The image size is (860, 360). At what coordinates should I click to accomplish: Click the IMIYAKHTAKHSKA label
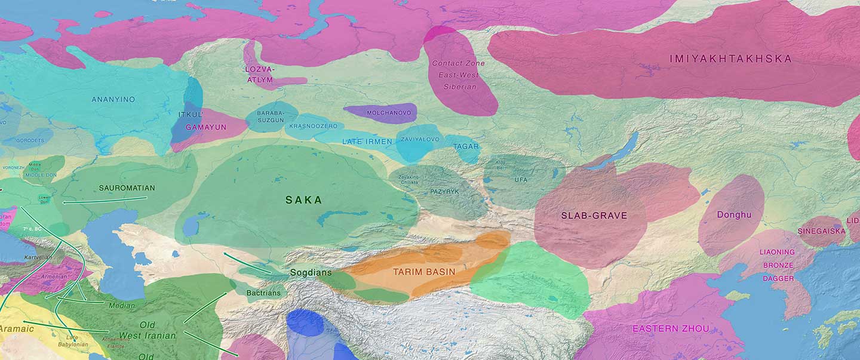click(x=730, y=59)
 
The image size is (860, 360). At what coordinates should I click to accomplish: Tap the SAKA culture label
click(x=303, y=200)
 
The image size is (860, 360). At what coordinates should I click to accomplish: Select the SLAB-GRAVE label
click(x=594, y=216)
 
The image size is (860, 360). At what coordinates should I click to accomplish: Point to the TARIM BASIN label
click(x=424, y=272)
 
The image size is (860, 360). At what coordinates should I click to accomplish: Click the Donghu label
click(x=734, y=214)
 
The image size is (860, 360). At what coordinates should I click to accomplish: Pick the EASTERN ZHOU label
click(x=671, y=328)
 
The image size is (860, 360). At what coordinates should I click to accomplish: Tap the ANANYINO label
click(x=113, y=99)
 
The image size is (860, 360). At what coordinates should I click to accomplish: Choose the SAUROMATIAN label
click(x=127, y=188)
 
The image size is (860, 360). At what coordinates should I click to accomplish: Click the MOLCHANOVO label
click(x=380, y=112)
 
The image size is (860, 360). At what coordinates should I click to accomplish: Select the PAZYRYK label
click(x=444, y=192)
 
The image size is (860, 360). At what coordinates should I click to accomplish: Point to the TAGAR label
click(x=465, y=146)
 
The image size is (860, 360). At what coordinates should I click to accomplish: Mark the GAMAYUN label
click(x=205, y=127)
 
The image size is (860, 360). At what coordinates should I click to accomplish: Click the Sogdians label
click(x=311, y=272)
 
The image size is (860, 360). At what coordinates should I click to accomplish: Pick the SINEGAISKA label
click(x=821, y=231)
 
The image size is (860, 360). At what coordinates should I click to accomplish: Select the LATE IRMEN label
click(x=367, y=141)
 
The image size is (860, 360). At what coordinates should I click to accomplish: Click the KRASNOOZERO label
click(x=313, y=126)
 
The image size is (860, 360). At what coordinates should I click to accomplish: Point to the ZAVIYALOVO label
click(x=420, y=139)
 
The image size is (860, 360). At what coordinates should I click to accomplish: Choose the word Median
click(x=122, y=306)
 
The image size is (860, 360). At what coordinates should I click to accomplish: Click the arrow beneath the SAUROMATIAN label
click(x=105, y=200)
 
